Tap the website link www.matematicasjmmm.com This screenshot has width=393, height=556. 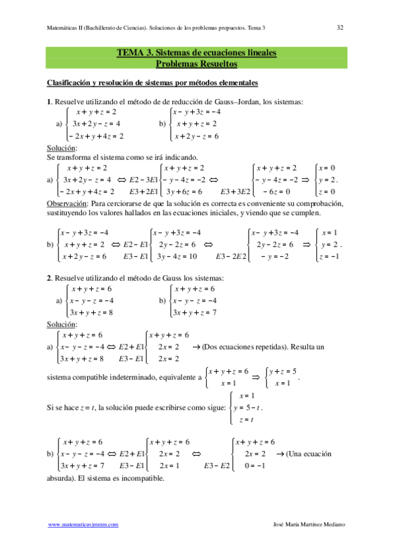[83, 525]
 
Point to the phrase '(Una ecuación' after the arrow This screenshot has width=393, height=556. [308, 454]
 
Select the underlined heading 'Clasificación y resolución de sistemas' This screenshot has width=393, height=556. [152, 83]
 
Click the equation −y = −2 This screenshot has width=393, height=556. [274, 256]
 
